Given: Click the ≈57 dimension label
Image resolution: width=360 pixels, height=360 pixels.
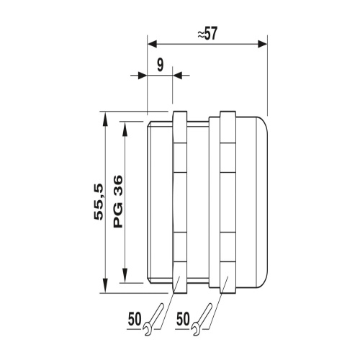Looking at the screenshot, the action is tap(207, 34).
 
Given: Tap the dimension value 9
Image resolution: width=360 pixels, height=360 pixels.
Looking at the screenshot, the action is tap(160, 65).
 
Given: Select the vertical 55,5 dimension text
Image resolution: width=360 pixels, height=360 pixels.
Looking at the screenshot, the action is tap(99, 202).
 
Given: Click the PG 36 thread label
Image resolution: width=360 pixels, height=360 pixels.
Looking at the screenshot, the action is tap(117, 202).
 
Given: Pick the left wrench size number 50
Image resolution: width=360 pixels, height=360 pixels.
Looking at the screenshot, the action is tap(135, 319).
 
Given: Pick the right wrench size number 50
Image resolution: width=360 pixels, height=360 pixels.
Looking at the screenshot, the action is tap(183, 319).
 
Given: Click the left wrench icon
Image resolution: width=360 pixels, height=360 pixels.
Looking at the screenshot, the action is tap(153, 319).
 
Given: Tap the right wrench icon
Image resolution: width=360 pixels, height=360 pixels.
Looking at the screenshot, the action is tap(202, 319).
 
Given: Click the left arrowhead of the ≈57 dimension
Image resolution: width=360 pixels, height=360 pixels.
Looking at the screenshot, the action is tap(152, 44).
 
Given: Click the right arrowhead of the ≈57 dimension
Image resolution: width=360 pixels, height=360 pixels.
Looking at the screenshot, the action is tap(262, 44).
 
